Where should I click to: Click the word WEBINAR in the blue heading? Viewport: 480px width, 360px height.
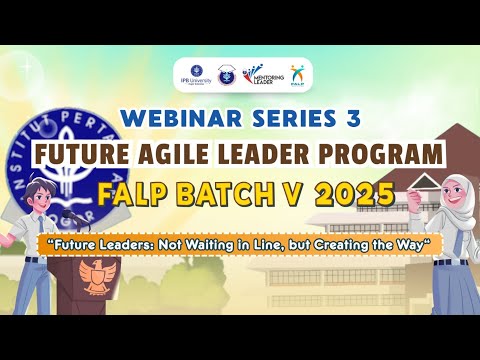(x=164, y=118)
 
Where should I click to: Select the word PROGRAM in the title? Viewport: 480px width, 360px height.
(x=388, y=154)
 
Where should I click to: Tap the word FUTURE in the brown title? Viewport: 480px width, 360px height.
(x=84, y=154)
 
